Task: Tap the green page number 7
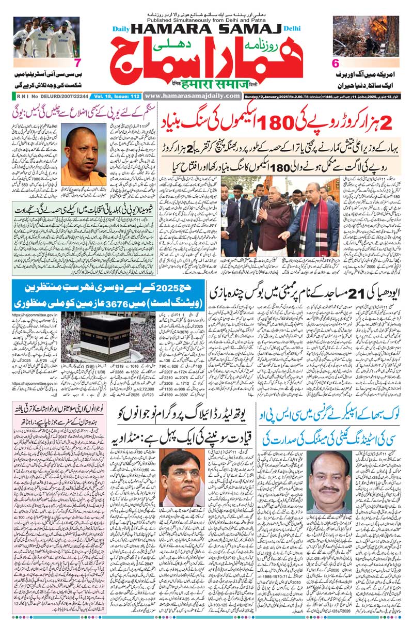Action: point(77,64)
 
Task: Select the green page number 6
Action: point(336,64)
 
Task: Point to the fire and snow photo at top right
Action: point(366,36)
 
